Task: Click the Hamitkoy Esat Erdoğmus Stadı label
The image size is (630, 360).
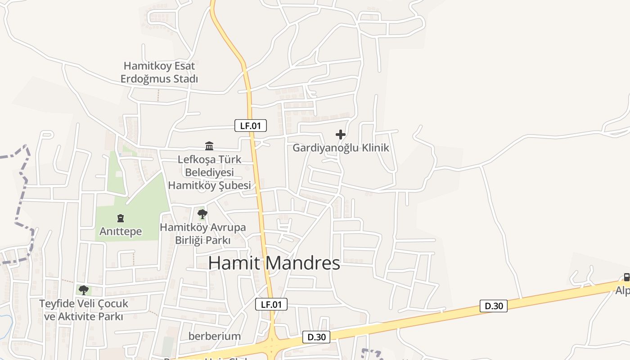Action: tap(159, 72)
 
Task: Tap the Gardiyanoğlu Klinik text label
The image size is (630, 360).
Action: tap(341, 148)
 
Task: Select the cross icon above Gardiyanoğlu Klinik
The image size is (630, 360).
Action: tap(341, 134)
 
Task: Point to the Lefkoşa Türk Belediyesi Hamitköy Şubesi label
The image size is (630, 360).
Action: tap(209, 172)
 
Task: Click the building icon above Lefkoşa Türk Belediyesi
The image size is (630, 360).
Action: tap(209, 146)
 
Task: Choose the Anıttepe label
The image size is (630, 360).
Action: tap(121, 232)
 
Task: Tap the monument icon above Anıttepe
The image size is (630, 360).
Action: tap(121, 219)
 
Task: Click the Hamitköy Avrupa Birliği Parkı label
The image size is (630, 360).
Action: tap(203, 234)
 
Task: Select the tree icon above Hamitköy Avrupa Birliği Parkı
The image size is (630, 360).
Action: tap(202, 214)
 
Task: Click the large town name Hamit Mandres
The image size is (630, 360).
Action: tap(274, 263)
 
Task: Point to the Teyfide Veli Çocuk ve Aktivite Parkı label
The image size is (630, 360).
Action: tap(84, 310)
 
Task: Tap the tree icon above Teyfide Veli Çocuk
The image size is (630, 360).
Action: tap(83, 290)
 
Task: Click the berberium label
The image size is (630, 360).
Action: tap(215, 336)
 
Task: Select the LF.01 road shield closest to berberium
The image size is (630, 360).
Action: tap(271, 304)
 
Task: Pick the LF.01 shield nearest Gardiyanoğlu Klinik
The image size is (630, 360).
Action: tap(251, 126)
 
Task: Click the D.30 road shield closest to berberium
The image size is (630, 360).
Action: tap(316, 337)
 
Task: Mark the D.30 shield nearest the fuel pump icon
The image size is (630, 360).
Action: tap(494, 306)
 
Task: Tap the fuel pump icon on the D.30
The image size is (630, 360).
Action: tap(626, 277)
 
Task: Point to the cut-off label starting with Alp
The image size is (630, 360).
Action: tap(623, 291)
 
